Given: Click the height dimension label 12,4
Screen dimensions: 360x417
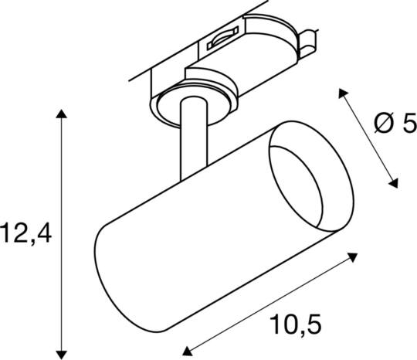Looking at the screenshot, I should click(26, 232).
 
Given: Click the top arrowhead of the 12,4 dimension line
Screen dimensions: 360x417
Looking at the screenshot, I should click(63, 114).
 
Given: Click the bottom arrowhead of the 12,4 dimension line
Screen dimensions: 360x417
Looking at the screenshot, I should click(63, 348).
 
